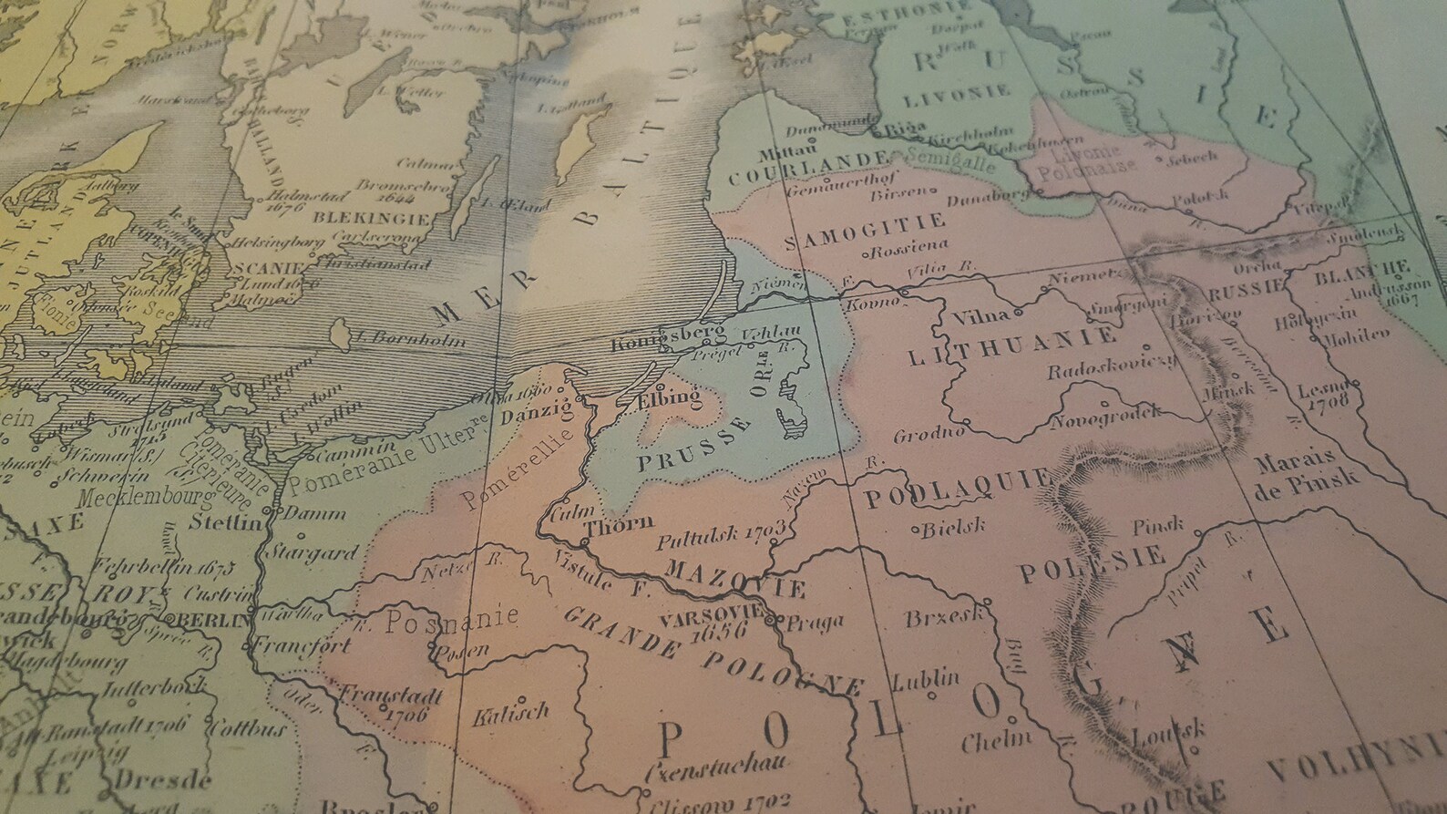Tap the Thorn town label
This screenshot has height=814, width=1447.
620,524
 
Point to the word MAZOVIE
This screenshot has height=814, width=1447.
737,579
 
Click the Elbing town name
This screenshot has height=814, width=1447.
662,398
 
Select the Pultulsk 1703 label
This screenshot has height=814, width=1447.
721,534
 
